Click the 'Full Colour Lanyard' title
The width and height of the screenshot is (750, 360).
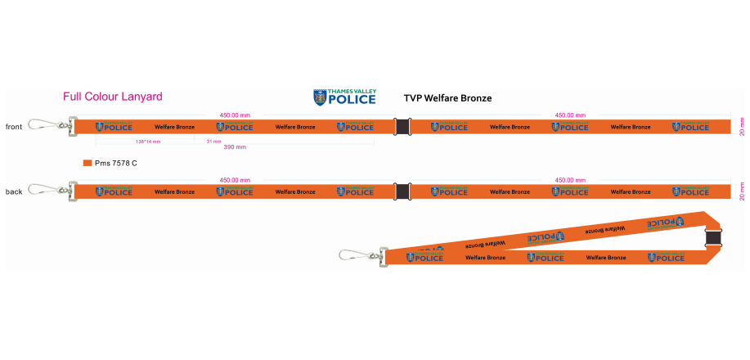point(113,97)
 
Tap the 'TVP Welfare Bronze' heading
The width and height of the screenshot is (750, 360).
point(447,98)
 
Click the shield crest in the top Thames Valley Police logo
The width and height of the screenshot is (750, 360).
point(319,97)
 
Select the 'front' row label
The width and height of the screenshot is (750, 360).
point(14,127)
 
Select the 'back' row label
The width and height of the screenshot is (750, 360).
point(14,191)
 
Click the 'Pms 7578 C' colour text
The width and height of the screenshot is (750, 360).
point(116,163)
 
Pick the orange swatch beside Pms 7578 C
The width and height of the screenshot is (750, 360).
point(88,163)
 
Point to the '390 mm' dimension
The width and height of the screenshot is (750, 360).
point(235,147)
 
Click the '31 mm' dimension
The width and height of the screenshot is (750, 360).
point(213,142)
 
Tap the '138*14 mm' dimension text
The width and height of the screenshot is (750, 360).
point(148,142)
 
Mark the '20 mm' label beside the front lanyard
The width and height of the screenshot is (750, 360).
point(742,127)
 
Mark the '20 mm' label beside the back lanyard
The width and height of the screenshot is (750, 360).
point(742,191)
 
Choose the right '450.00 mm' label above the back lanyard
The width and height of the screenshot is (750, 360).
point(570,180)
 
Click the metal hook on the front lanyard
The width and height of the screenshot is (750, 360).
point(45,125)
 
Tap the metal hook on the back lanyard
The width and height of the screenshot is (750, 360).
point(45,191)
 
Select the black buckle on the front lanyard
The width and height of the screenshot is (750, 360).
point(402,127)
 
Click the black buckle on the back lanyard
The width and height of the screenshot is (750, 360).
point(402,191)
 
